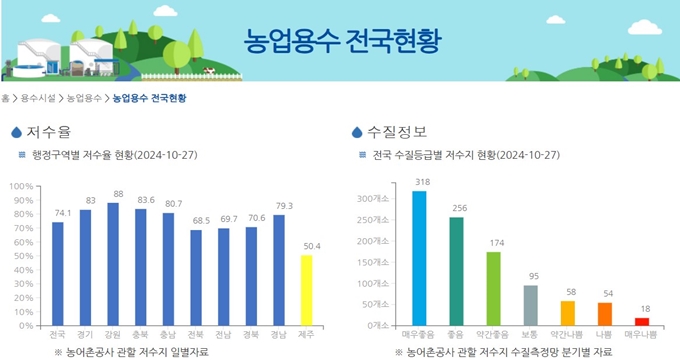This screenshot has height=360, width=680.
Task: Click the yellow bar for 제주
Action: (x=307, y=290)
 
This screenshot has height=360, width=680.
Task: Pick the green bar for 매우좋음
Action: (x=419, y=258)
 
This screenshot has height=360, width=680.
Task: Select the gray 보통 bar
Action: (x=530, y=305)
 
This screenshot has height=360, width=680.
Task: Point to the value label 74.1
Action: (x=59, y=214)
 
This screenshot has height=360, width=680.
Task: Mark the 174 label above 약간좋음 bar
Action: (x=493, y=243)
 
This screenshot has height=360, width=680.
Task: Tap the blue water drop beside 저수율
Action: (x=16, y=133)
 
